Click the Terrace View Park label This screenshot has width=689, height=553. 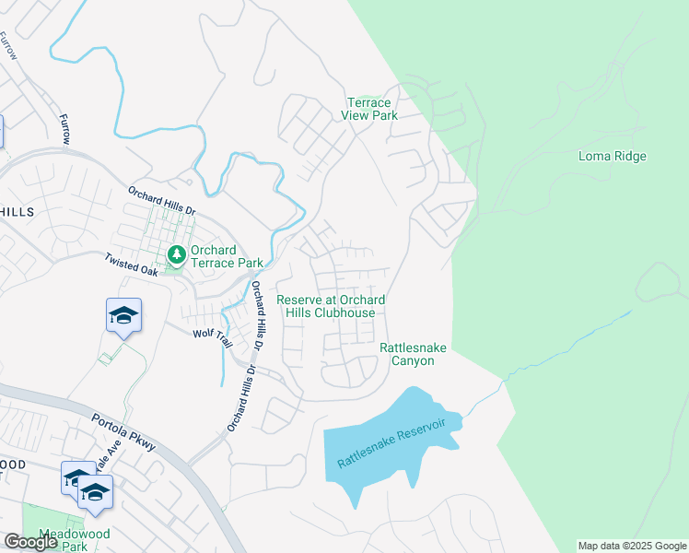pyautogui.click(x=369, y=109)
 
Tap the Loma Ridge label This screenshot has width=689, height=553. pyautogui.click(x=612, y=156)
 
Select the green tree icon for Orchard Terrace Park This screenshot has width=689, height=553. pyautogui.click(x=175, y=253)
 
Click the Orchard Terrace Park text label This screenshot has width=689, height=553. pyautogui.click(x=213, y=256)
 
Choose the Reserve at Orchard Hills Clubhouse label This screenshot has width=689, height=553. pyautogui.click(x=331, y=306)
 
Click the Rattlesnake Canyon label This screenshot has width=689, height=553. pyautogui.click(x=406, y=354)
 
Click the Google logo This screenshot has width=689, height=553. pyautogui.click(x=30, y=542)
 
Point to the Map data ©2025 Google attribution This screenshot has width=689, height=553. pyautogui.click(x=631, y=546)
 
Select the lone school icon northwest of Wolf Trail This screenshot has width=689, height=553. pyautogui.click(x=123, y=317)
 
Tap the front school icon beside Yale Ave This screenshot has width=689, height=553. pyautogui.click(x=95, y=492)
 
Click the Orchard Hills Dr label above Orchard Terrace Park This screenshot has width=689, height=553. pyautogui.click(x=162, y=198)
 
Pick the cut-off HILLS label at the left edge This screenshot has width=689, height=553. pyautogui.click(x=17, y=211)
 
